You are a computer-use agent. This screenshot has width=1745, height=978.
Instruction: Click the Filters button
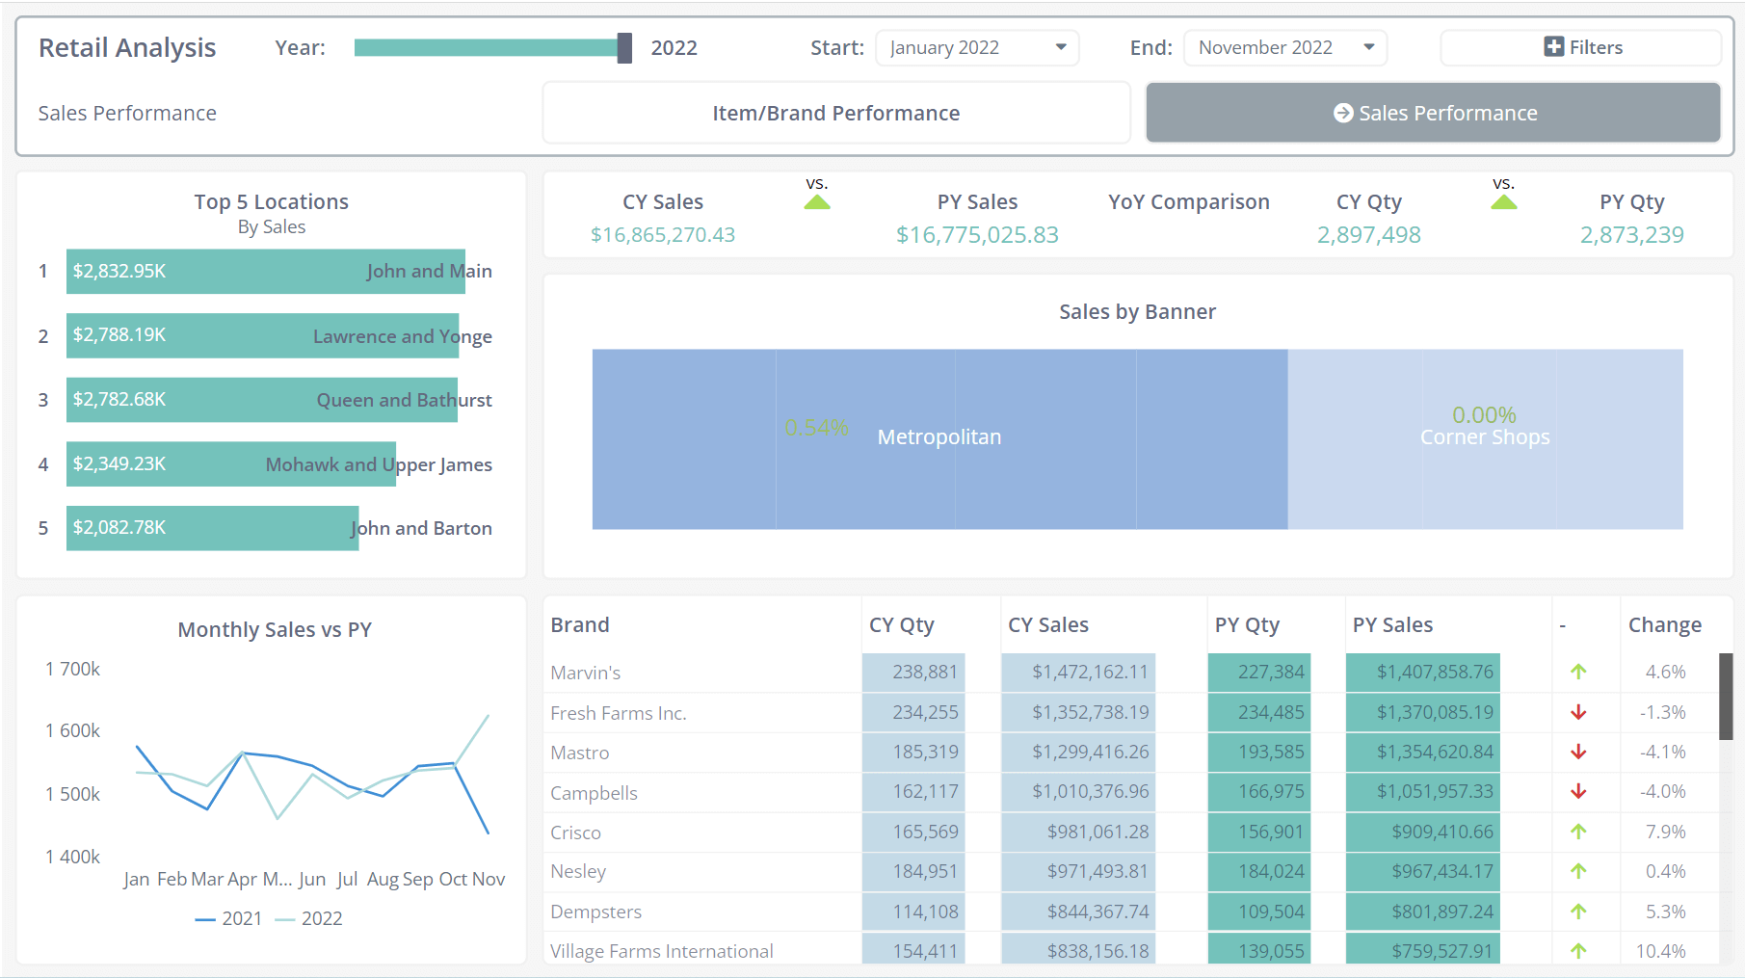1581,47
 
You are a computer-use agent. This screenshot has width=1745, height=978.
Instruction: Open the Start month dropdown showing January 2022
976,47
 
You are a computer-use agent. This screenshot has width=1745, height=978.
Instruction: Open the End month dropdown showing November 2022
1284,47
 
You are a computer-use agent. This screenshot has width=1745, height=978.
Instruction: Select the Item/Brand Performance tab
835,113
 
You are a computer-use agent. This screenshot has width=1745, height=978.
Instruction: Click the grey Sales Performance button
1433,113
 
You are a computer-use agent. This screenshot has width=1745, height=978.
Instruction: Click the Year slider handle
624,47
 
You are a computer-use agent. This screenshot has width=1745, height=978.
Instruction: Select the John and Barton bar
212,528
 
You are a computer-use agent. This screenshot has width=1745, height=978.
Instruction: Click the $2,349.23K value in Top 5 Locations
119,463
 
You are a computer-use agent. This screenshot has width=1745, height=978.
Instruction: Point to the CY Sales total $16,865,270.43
663,235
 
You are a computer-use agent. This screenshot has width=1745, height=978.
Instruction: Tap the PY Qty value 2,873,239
1631,235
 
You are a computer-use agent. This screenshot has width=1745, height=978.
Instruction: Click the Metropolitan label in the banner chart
939,437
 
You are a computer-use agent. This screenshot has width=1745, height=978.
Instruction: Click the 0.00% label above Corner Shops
1484,415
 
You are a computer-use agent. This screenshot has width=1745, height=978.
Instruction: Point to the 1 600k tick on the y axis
72,730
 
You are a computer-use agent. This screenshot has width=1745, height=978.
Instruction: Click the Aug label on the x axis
382,879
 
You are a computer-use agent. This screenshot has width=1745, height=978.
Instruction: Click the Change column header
1664,624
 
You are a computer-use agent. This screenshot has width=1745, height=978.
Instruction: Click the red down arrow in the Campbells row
1578,791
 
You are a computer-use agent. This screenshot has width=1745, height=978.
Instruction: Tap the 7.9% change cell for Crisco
1665,832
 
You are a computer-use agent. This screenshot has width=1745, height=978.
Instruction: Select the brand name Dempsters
595,912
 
